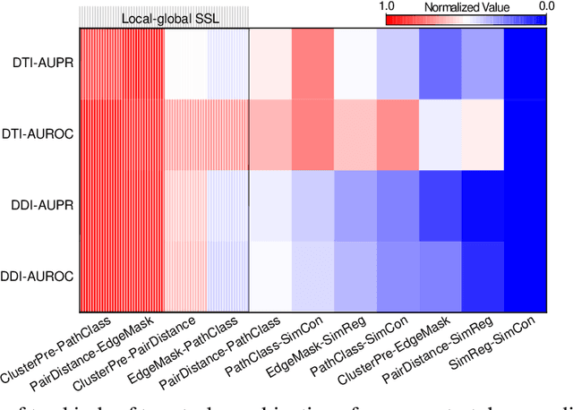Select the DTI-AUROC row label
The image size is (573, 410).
click(37, 134)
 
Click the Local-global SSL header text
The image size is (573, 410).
click(163, 17)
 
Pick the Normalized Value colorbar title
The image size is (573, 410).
click(466, 7)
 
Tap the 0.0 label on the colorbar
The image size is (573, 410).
click(547, 7)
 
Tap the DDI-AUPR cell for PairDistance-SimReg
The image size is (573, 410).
click(483, 205)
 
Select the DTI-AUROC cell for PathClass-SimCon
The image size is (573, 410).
click(313, 134)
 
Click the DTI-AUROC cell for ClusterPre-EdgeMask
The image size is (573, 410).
click(441, 134)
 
